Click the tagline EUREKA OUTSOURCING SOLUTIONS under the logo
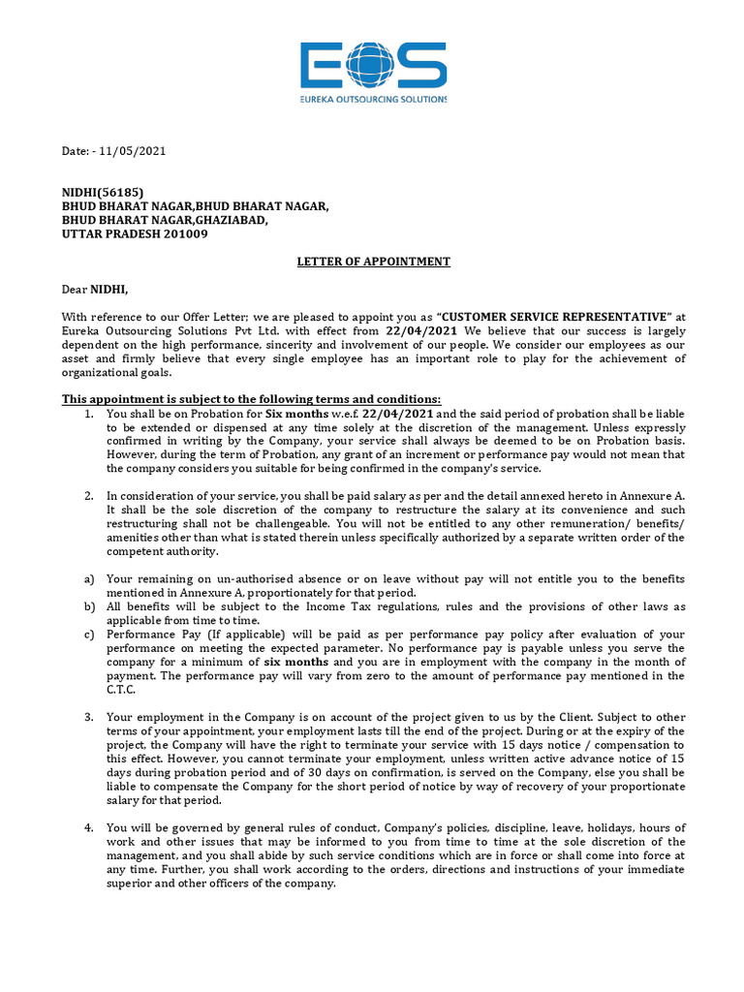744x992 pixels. [372, 99]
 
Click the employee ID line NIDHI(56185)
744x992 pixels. [103, 192]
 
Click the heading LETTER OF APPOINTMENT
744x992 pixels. [372, 262]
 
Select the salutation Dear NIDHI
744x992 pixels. [95, 289]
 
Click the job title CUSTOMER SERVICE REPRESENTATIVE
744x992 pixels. [556, 317]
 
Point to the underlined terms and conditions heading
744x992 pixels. [251, 399]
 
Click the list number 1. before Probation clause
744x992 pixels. [88, 414]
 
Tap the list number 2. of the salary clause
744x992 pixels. [88, 496]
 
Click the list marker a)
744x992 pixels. [88, 578]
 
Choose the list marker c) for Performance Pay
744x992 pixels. [88, 634]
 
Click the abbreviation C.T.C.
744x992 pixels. [121, 689]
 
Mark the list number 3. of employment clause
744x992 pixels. [88, 717]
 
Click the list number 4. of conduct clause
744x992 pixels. [88, 828]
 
